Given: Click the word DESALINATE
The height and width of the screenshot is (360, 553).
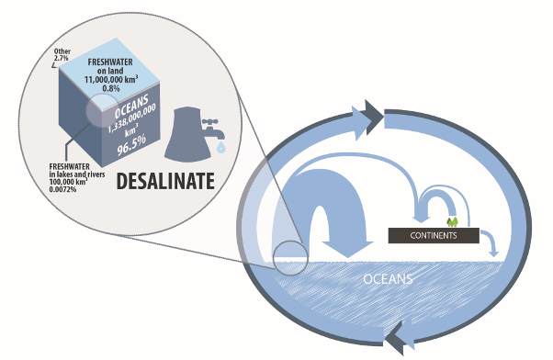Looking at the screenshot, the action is [165, 181].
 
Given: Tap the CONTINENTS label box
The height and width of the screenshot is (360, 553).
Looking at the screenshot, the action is [434, 235].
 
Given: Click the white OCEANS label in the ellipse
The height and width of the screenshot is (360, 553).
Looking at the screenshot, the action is [388, 279].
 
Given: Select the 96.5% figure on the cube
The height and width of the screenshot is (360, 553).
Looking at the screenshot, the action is [131, 144].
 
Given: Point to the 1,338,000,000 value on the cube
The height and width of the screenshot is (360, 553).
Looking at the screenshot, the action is [131, 118].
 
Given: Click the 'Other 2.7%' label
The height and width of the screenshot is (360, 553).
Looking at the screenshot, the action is [62, 55].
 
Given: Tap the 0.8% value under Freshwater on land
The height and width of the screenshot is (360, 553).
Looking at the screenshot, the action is [111, 88].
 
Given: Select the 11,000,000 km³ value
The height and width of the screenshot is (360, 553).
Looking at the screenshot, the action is [111, 79].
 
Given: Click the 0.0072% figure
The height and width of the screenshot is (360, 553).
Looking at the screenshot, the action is [62, 189].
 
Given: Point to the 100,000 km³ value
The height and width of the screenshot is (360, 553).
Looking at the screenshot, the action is [68, 182].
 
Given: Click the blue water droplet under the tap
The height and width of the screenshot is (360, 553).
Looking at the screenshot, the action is [221, 147].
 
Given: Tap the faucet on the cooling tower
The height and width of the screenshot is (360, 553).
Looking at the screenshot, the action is [212, 129].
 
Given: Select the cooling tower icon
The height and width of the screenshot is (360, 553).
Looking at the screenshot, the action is [187, 135].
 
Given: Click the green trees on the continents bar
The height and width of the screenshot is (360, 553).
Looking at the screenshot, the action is [452, 222].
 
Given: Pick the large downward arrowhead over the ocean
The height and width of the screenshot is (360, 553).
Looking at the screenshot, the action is [348, 249].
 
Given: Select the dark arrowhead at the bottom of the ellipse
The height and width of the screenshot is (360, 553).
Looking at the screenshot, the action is [395, 338].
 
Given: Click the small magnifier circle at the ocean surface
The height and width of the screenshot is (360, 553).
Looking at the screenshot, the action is [290, 258].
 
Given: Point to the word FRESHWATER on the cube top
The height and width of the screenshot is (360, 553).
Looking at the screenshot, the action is [110, 62].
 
